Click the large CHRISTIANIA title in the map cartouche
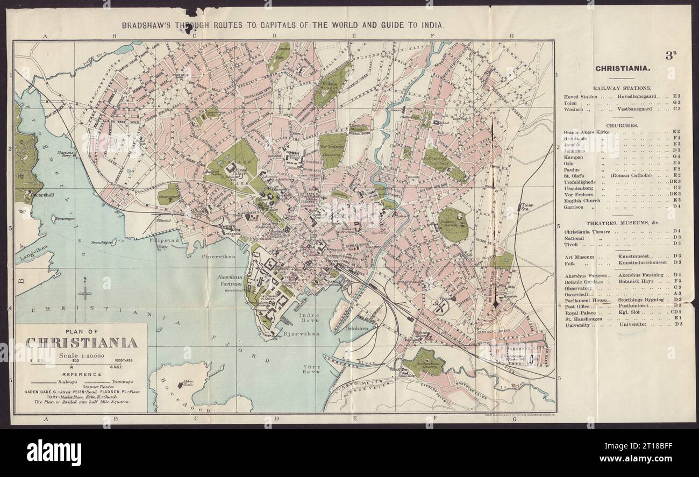81,343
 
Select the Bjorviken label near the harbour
301,333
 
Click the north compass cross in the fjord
85,292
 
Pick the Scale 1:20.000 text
81,355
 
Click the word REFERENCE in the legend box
82,374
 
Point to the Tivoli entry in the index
571,244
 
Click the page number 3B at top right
669,55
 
